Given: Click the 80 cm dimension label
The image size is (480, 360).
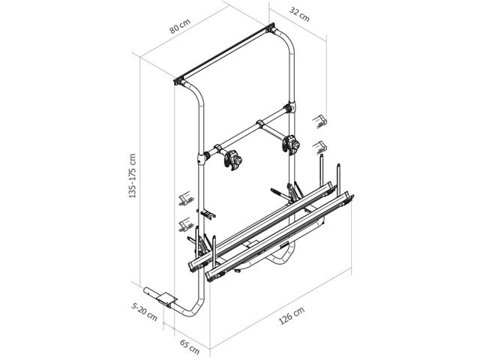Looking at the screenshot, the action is click(x=180, y=25).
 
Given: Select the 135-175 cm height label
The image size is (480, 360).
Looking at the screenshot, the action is click(x=132, y=175).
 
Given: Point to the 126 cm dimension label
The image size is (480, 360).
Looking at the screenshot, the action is click(x=292, y=315).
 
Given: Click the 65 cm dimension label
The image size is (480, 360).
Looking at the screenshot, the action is click(x=190, y=346).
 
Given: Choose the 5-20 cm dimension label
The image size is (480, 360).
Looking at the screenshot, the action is click(x=144, y=312).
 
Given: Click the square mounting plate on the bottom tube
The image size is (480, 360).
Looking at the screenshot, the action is click(x=166, y=298).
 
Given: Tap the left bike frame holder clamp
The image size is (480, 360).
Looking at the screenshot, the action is click(x=233, y=160).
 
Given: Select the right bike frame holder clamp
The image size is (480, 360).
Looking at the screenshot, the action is click(x=290, y=144).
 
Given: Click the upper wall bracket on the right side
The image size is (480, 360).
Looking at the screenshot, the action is click(x=319, y=121).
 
